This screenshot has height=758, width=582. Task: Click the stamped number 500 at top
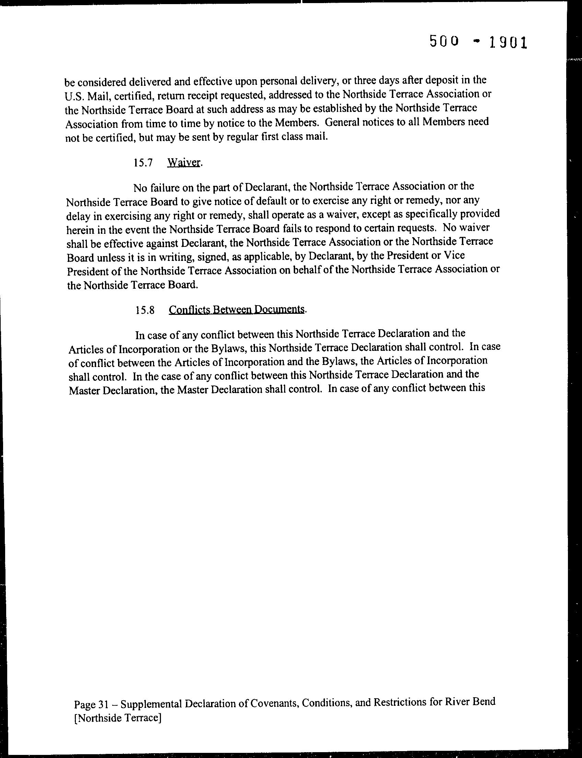(x=444, y=42)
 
